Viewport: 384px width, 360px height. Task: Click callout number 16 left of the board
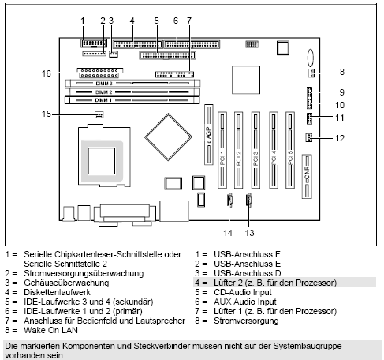point(47,73)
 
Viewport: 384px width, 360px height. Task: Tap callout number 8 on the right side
point(341,71)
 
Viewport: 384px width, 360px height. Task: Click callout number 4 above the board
point(132,18)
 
